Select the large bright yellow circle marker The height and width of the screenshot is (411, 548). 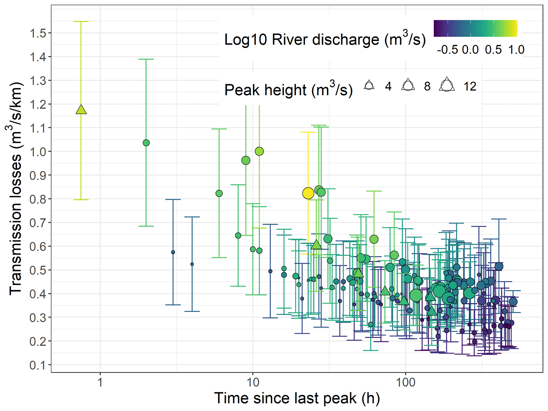308,193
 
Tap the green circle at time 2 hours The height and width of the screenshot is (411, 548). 146,143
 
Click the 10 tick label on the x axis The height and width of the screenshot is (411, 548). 253,383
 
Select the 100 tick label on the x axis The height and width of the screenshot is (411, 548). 405,383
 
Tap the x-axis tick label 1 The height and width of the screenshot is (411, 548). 100,383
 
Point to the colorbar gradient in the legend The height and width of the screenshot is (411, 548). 475,28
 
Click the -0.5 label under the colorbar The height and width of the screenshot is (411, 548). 447,50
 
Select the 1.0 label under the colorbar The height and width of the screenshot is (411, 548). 516,50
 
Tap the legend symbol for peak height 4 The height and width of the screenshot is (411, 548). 369,86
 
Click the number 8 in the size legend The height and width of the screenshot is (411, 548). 427,86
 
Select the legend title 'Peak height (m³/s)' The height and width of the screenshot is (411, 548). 288,90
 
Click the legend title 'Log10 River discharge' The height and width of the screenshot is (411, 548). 325,40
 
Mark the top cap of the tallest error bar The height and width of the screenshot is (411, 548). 81,21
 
